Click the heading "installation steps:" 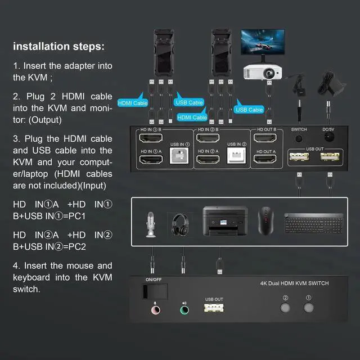click(58, 46)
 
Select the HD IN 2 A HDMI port click(208, 160)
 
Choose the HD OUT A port click(266, 160)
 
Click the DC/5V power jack click(328, 138)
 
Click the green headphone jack click(183, 309)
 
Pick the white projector click(262, 72)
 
